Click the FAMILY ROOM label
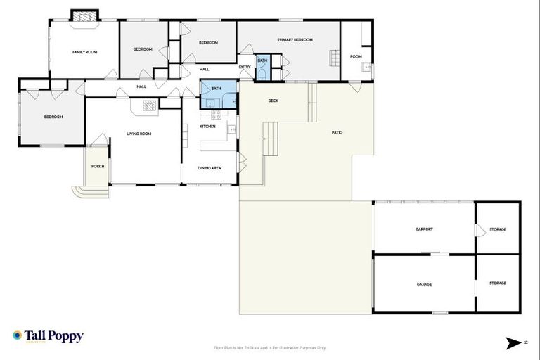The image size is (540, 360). click(x=84, y=52)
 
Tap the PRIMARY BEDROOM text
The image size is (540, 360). click(x=295, y=40)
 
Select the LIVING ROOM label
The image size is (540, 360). click(x=139, y=134)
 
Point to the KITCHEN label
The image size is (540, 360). click(x=207, y=127)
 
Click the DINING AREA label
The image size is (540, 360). click(x=210, y=168)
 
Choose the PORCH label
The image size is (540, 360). click(x=98, y=166)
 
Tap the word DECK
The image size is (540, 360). click(x=274, y=101)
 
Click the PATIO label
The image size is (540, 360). click(x=337, y=132)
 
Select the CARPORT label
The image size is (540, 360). click(x=424, y=229)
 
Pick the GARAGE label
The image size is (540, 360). click(x=424, y=284)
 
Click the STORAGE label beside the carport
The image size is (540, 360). click(x=498, y=229)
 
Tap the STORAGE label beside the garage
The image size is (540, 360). click(x=498, y=283)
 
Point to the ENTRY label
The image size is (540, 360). click(x=245, y=67)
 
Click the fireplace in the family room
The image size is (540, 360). click(x=85, y=16)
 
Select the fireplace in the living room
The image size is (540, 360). click(x=148, y=106)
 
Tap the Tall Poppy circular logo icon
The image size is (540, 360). click(x=18, y=336)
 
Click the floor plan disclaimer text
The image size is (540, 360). click(x=269, y=347)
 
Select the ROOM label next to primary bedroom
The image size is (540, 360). click(x=356, y=56)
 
